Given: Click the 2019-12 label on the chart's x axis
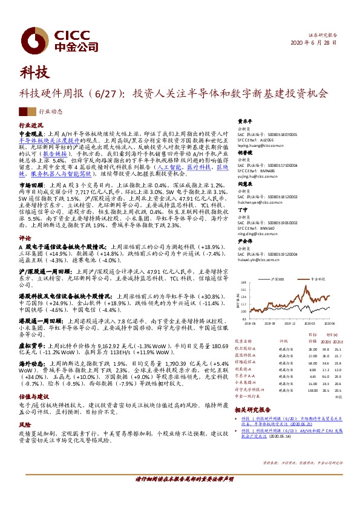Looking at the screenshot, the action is [291, 323].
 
